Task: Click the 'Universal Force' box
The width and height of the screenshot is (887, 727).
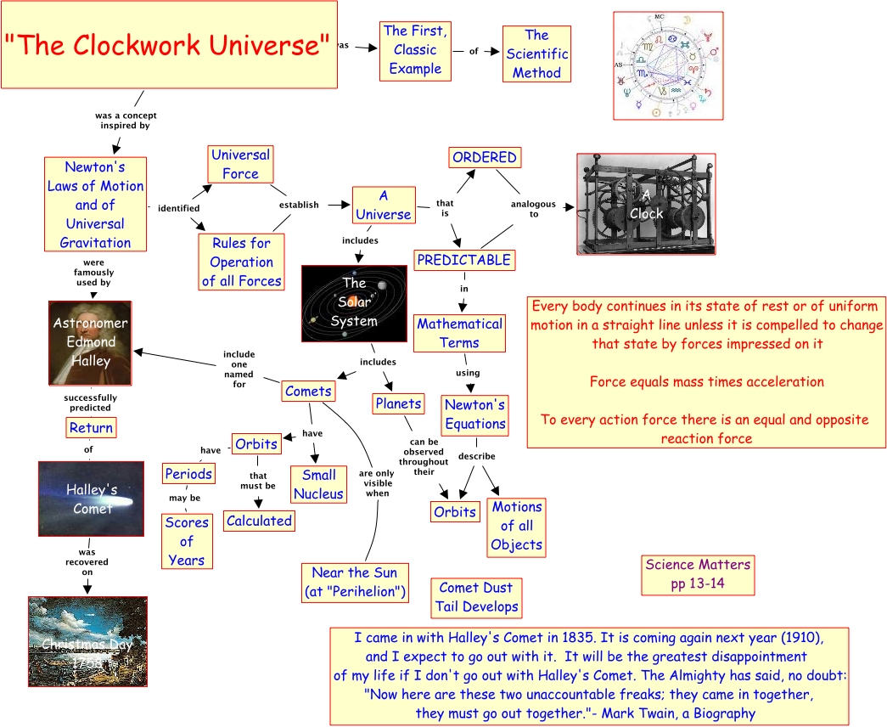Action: click(240, 164)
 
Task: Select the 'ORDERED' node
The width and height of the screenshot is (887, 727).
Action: click(484, 157)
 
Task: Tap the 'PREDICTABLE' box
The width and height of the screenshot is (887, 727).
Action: click(463, 260)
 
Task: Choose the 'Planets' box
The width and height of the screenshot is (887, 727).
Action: click(398, 404)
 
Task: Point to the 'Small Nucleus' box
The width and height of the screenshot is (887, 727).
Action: click(318, 484)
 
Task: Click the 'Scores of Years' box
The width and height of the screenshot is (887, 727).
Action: click(186, 541)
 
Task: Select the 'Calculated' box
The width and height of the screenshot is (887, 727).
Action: click(259, 521)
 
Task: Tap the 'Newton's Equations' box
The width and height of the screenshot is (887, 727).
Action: click(474, 414)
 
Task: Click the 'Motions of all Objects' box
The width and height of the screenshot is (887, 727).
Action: click(516, 526)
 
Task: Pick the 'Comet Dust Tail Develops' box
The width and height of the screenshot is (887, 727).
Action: click(476, 597)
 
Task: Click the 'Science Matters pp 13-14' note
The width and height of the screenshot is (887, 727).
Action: click(698, 574)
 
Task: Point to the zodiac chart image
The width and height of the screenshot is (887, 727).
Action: click(668, 65)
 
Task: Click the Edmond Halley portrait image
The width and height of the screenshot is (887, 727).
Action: click(90, 342)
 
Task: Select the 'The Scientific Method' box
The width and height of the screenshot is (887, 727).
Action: click(536, 54)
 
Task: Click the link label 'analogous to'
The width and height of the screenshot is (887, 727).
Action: click(534, 209)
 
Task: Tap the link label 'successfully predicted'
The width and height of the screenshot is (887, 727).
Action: click(90, 403)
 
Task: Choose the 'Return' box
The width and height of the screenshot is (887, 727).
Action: click(91, 428)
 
